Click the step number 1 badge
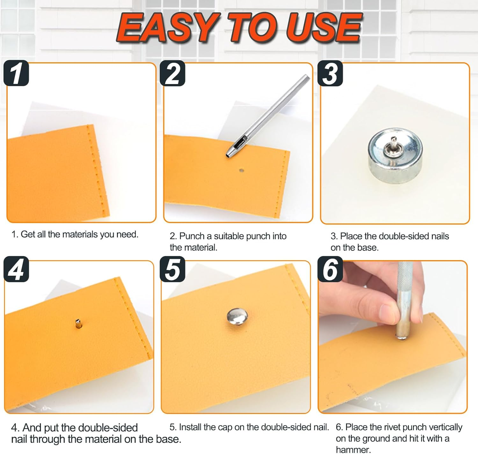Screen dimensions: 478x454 coord(16,73)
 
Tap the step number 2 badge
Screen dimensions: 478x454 coord(172,73)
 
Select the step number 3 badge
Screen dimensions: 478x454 coord(330,73)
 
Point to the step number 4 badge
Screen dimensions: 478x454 coord(16,269)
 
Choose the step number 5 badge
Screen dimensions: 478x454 coord(172,269)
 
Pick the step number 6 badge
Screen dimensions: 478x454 coord(330,269)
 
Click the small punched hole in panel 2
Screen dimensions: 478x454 coord(241,170)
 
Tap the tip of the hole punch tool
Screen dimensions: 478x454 coord(228,155)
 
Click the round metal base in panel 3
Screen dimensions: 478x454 coord(395,156)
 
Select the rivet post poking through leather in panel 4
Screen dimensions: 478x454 coord(78,323)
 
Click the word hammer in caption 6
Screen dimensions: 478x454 coord(353,450)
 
